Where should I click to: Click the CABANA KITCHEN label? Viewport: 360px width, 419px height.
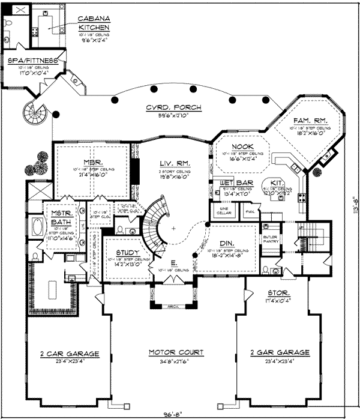click(x=94, y=23)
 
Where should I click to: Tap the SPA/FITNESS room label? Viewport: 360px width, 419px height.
click(x=32, y=61)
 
